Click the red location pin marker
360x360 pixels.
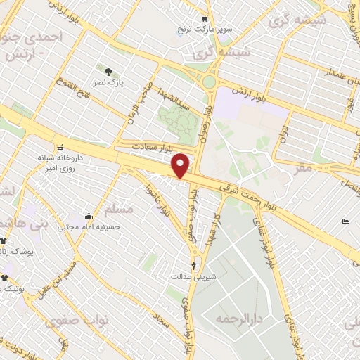(181, 165)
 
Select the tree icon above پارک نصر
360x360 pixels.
(108, 71)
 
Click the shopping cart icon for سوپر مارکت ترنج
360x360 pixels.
(205, 20)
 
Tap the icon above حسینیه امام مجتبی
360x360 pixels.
(89, 216)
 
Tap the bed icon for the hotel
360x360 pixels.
(345, 222)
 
